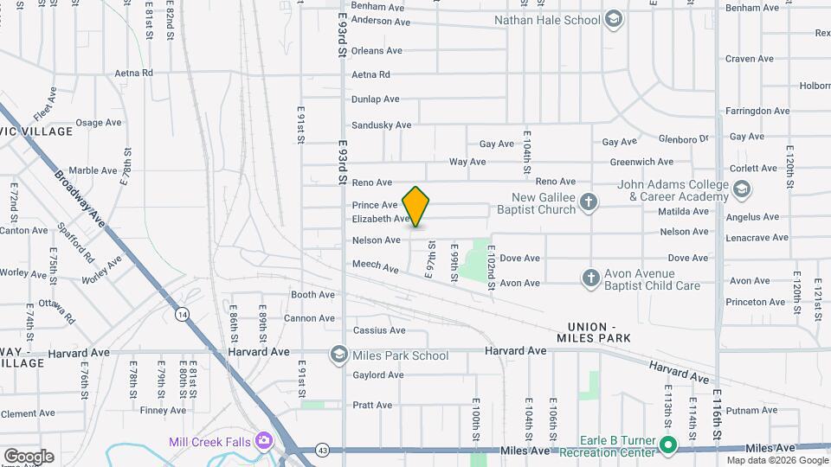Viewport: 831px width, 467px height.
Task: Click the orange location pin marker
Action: (416, 207)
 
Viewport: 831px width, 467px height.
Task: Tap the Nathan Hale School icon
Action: (614, 20)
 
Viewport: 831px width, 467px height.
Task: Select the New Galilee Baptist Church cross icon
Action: (589, 202)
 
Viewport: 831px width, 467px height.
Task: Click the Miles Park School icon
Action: (338, 355)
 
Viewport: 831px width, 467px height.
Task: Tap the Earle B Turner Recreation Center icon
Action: (668, 446)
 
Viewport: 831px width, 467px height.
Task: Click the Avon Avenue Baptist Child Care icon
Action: (590, 278)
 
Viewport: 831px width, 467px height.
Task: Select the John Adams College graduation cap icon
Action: (741, 189)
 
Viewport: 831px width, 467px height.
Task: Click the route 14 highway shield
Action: (181, 315)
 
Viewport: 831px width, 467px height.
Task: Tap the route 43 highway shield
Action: (322, 451)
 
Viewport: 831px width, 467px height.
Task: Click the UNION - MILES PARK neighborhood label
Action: (599, 331)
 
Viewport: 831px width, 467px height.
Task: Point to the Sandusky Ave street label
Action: (382, 125)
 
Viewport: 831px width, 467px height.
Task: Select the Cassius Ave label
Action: (379, 330)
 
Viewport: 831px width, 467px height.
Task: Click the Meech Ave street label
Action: (376, 267)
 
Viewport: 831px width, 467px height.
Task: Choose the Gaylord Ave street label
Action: (378, 374)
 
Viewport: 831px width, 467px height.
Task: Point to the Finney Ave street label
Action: (163, 410)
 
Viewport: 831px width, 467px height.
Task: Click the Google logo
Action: (28, 456)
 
